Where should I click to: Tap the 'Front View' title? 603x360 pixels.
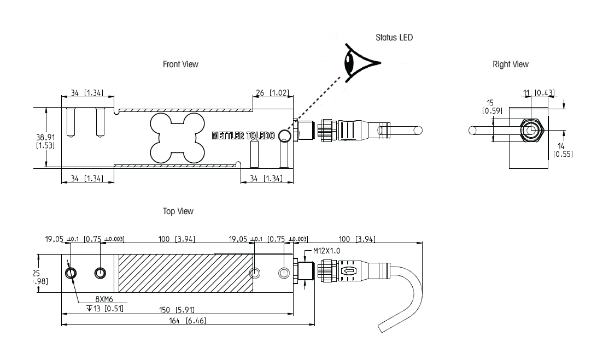pos(180,64)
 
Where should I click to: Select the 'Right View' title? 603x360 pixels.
pos(511,64)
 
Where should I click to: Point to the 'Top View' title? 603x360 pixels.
pos(178,211)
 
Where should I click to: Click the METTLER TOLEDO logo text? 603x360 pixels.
pos(243,135)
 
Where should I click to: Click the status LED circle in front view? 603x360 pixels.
pos(285,135)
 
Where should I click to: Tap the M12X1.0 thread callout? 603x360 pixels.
pos(327,251)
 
